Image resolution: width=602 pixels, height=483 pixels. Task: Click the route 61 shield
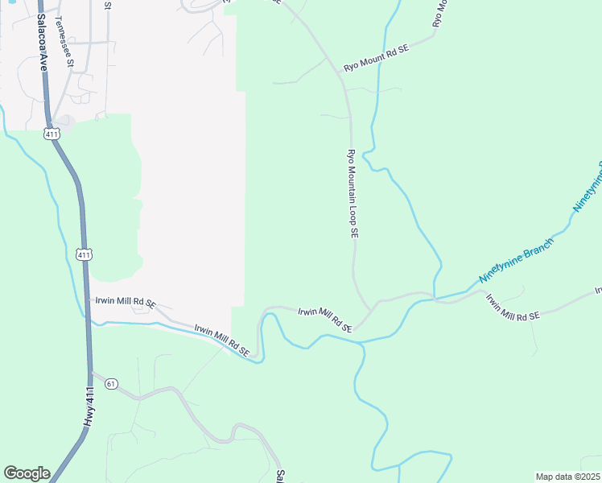click(111, 383)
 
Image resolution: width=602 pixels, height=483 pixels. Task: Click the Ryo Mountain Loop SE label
click(353, 193)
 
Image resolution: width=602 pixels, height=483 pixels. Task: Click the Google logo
click(27, 473)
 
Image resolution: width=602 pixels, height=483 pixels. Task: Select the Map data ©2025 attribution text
click(567, 477)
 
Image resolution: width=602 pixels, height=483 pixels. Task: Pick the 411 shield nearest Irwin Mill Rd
click(85, 254)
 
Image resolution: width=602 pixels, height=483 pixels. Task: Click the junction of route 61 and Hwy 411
click(90, 374)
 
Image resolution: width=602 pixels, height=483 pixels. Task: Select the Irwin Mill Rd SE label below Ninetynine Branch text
click(513, 308)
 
